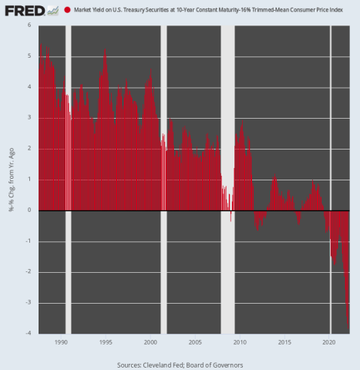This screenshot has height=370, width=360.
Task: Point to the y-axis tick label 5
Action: pos(29,55)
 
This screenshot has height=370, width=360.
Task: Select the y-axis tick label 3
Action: pos(29,117)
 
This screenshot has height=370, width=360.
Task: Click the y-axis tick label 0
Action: pos(29,210)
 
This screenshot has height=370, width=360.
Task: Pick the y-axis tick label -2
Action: pos(28,271)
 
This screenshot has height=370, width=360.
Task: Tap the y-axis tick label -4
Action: pos(28,333)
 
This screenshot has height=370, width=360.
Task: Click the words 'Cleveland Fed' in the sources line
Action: pos(164,362)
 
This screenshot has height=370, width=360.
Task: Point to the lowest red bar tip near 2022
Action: pos(348,324)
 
